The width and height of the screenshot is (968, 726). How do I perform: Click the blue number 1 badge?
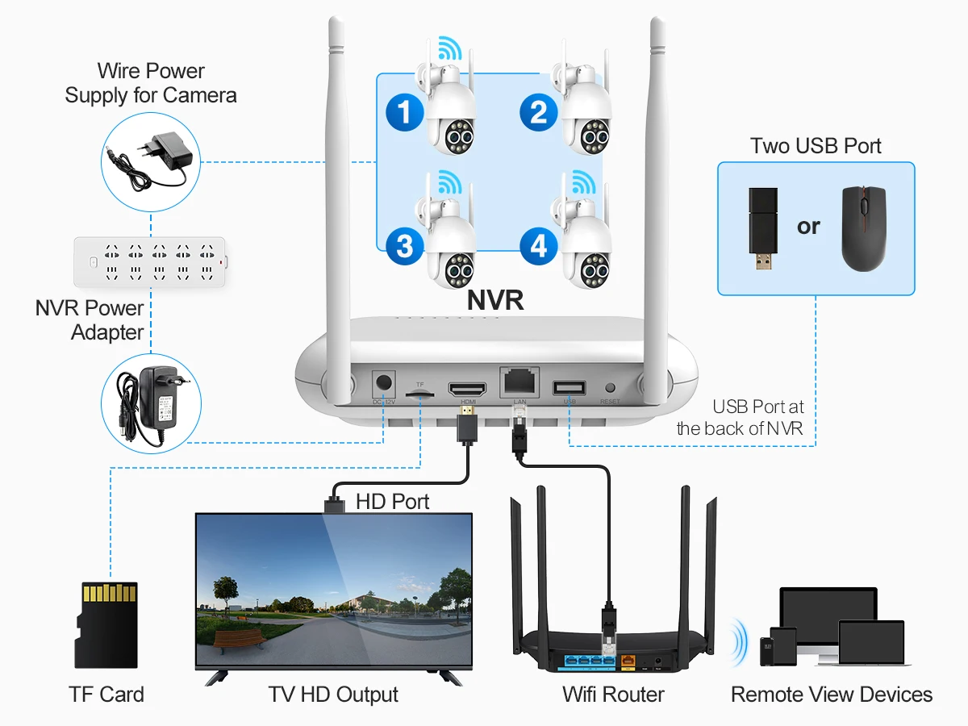[405, 112]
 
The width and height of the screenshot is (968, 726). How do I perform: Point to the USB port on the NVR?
[570, 387]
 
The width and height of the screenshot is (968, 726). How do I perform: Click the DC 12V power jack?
[384, 383]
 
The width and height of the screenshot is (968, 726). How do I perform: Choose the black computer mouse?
[863, 227]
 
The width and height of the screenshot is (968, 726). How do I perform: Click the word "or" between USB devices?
[808, 227]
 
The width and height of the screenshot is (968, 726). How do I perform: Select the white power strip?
[150, 261]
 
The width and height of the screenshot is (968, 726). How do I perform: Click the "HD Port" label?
[393, 502]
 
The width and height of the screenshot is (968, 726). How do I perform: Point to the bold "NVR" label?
[496, 300]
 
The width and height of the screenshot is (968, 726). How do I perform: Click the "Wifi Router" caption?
[614, 694]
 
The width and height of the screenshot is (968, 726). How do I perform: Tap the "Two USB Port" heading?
[816, 146]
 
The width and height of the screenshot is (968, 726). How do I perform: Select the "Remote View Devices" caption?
[832, 694]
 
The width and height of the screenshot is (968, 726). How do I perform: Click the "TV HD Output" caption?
[333, 694]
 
